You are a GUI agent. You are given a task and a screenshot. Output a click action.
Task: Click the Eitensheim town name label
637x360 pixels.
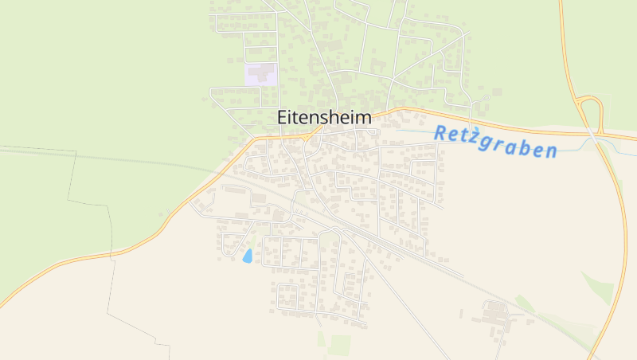[x=325, y=117]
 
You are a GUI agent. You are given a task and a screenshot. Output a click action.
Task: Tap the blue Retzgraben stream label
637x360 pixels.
[x=494, y=142]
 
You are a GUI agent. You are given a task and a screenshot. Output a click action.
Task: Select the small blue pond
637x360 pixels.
[x=248, y=256]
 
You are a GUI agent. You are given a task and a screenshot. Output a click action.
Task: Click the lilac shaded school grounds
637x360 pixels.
[x=260, y=74]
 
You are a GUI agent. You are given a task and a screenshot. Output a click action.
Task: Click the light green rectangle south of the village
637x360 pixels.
[x=340, y=344]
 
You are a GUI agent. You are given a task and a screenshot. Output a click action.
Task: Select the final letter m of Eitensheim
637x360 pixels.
[x=365, y=117]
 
